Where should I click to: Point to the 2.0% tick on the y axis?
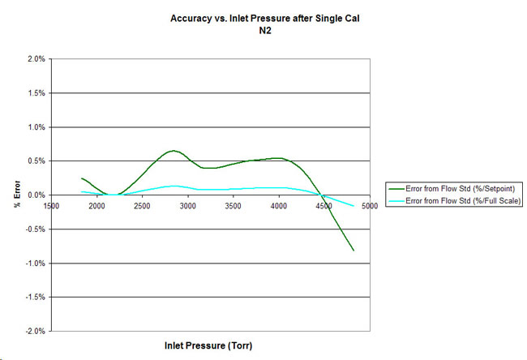pos(35,59)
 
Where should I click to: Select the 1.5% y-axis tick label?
pos(35,93)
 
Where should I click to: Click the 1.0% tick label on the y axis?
pos(35,127)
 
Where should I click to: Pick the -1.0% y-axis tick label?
pos(34,264)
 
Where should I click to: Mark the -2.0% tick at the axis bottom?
pos(34,332)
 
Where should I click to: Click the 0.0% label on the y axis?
pos(35,195)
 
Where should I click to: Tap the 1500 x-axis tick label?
pos(51,206)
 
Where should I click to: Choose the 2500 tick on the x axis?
pos(143,206)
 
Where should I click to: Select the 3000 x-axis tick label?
pos(188,206)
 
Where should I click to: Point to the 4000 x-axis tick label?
pos(279,206)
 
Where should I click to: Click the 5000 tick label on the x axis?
pos(370,206)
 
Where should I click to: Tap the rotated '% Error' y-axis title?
pos(17,195)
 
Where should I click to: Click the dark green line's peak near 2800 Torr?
pos(173,151)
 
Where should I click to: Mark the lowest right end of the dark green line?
pos(353,251)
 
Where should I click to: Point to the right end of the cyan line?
pos(353,207)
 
